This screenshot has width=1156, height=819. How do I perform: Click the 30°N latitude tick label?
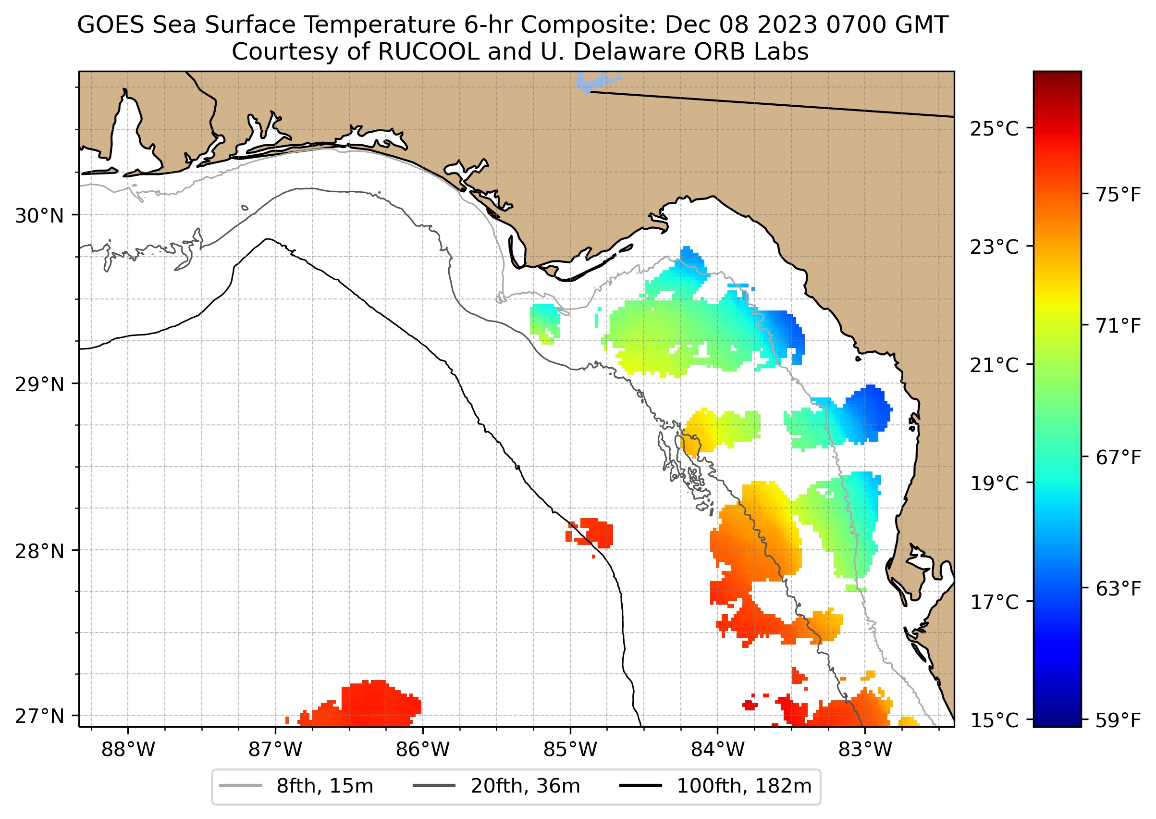39,216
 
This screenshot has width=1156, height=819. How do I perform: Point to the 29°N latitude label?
39,385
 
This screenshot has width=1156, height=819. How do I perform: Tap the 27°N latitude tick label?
39,716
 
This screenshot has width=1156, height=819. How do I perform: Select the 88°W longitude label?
128,750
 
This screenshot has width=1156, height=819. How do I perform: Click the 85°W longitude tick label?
570,750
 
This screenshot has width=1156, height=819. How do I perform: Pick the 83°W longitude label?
865,750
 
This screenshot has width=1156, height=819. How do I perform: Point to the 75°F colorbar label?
1118,195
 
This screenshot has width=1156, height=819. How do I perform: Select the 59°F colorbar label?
1118,720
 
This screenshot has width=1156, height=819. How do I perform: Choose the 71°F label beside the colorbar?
1118,326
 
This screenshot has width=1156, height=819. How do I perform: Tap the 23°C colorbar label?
994,248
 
